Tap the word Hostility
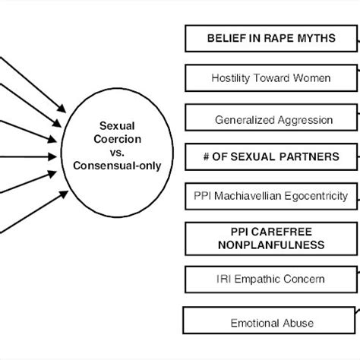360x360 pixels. pos(232,78)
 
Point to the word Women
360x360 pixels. pos(314,78)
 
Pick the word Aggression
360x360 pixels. pos(306,119)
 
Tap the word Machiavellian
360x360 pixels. pos(251,195)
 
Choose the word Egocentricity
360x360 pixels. pos(317,195)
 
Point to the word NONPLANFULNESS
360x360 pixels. pos(271,245)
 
